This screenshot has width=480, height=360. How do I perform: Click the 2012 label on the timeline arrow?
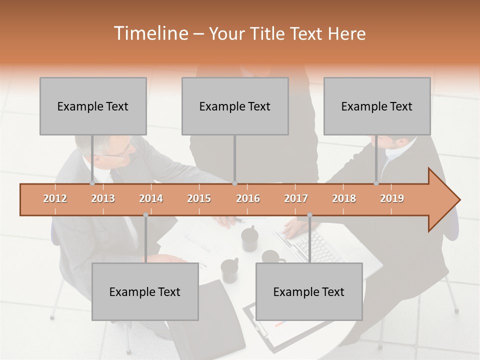[x=55, y=198]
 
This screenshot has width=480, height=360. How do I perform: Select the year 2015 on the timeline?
[x=199, y=198]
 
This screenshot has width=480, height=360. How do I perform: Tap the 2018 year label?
[x=344, y=198]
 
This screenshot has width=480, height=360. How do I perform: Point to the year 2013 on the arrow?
[x=103, y=198]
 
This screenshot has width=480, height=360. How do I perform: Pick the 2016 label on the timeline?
[x=248, y=198]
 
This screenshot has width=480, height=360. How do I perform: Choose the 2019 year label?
[x=392, y=198]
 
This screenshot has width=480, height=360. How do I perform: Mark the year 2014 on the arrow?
[x=151, y=198]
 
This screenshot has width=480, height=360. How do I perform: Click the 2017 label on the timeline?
[x=296, y=198]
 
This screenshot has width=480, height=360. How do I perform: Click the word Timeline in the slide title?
[x=150, y=33]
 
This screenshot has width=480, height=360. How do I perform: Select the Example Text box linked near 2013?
[x=93, y=106]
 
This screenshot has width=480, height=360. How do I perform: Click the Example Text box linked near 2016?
[x=235, y=106]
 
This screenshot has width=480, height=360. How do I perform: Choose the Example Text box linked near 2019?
[x=377, y=106]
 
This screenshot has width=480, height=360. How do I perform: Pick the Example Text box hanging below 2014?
[x=145, y=291]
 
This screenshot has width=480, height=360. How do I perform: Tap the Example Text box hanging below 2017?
[x=309, y=291]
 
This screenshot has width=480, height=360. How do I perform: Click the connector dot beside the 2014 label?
[x=145, y=214]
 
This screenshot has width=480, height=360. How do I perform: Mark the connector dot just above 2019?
[x=376, y=183]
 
